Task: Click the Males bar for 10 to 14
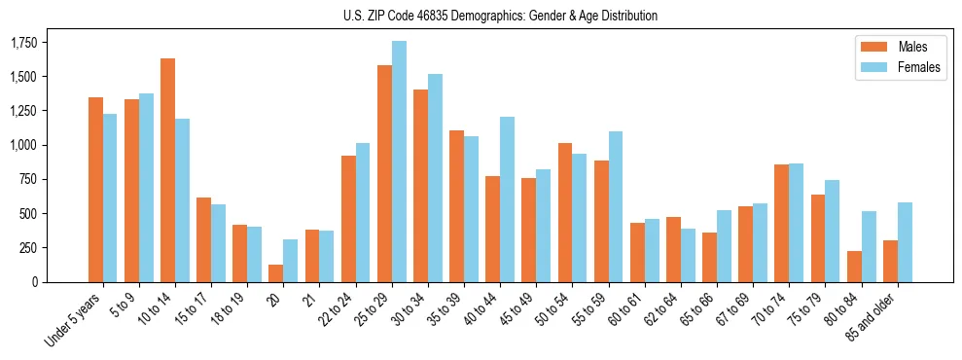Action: click(167, 170)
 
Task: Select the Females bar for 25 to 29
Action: click(399, 162)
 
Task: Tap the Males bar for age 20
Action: click(276, 273)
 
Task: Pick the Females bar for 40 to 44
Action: click(508, 199)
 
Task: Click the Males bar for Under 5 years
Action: click(95, 190)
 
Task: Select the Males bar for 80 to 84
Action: click(855, 267)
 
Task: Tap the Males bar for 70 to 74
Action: click(782, 223)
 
